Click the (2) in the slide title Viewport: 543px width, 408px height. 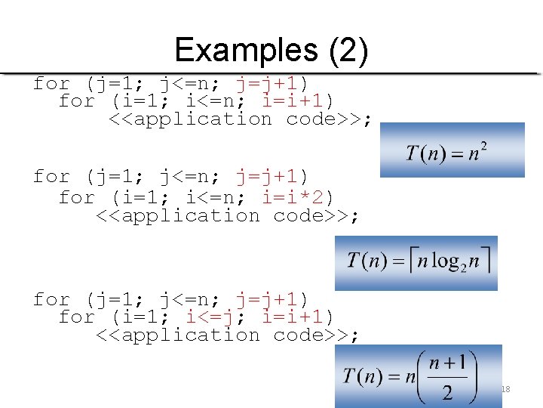(348, 51)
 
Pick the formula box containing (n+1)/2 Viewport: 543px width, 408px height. (419, 376)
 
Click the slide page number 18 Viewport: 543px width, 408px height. (505, 389)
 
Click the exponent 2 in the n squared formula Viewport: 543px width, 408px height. (483, 146)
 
